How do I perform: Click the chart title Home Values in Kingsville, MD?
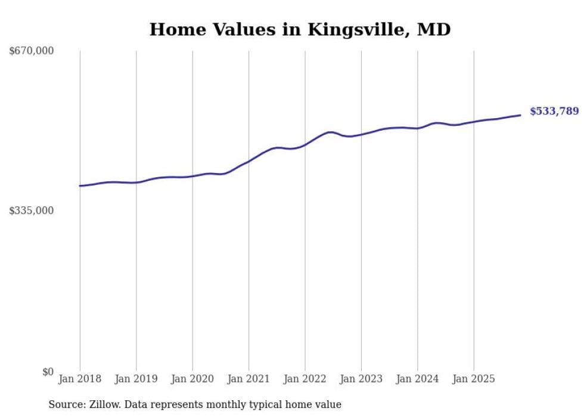tap(300, 29)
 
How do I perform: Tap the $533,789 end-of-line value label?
tap(554, 111)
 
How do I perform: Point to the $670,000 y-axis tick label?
tap(31, 51)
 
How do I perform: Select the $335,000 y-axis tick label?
tap(31, 211)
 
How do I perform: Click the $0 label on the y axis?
tap(48, 372)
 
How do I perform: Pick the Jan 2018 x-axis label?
tap(80, 379)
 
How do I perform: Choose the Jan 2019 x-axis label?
tap(136, 379)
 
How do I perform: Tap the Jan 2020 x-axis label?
tap(192, 379)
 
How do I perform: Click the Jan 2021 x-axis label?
tap(248, 379)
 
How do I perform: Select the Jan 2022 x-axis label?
tap(305, 379)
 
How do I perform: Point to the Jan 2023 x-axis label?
tap(361, 379)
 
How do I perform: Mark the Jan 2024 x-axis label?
tap(418, 379)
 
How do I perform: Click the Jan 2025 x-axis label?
tap(474, 379)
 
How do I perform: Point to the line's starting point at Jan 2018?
tap(80, 186)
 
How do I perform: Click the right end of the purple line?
tap(520, 115)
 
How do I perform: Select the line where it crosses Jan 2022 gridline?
tap(305, 144)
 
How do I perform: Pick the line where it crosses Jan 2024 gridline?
tap(418, 128)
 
